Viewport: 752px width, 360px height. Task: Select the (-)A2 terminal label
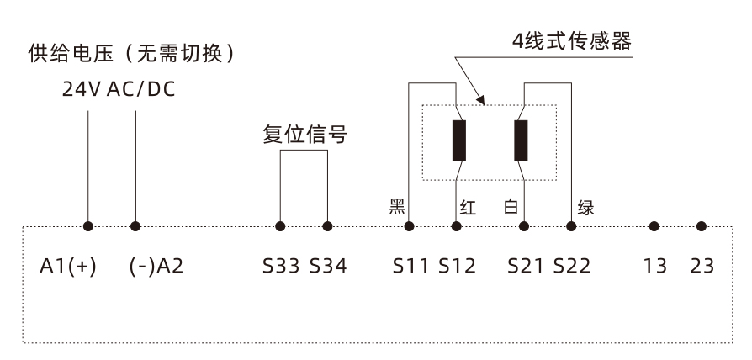pyautogui.click(x=156, y=267)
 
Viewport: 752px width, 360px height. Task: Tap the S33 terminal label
pyautogui.click(x=281, y=267)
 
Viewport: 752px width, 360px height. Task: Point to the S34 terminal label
pyautogui.click(x=327, y=267)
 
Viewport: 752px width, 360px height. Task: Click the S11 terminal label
pyautogui.click(x=410, y=267)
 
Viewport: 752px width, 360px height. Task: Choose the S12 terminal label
pyautogui.click(x=457, y=267)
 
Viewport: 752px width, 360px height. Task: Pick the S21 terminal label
pyautogui.click(x=525, y=267)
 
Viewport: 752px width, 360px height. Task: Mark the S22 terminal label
pyautogui.click(x=571, y=267)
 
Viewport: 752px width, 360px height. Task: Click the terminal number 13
pyautogui.click(x=655, y=267)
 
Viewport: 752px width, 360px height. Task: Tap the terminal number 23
pyautogui.click(x=702, y=267)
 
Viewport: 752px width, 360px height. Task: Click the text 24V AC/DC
pyautogui.click(x=119, y=89)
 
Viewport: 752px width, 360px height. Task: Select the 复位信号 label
pyautogui.click(x=304, y=135)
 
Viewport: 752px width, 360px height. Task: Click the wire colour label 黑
pyautogui.click(x=397, y=207)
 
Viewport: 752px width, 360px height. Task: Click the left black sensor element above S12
pyautogui.click(x=458, y=140)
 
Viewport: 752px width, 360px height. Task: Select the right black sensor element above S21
pyautogui.click(x=521, y=140)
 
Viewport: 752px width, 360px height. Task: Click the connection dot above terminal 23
pyautogui.click(x=702, y=226)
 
